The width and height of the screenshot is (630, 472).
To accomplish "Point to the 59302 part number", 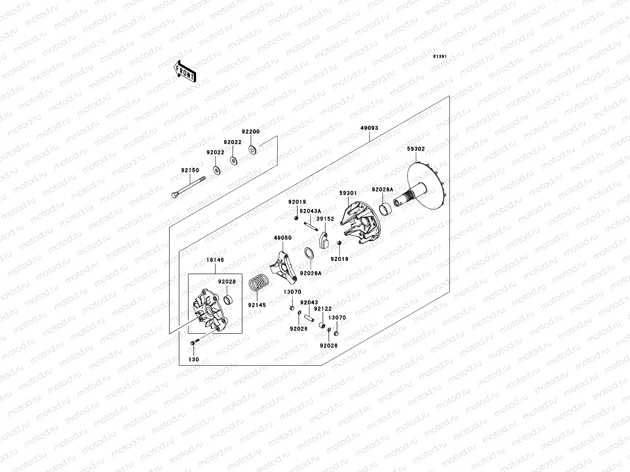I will click(x=416, y=149).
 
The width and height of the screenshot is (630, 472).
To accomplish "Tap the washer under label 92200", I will click(x=252, y=149).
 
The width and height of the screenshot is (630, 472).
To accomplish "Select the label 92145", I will click(x=257, y=305).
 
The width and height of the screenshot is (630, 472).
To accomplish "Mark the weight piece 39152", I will click(x=324, y=240).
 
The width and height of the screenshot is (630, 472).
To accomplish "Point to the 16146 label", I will click(x=215, y=260).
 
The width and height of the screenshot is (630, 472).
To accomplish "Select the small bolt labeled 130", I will click(x=194, y=343).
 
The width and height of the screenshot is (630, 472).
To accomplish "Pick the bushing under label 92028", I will click(x=227, y=301).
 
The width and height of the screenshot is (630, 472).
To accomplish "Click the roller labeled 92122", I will click(x=322, y=326).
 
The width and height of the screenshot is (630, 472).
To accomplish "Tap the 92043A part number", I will click(x=310, y=211).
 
